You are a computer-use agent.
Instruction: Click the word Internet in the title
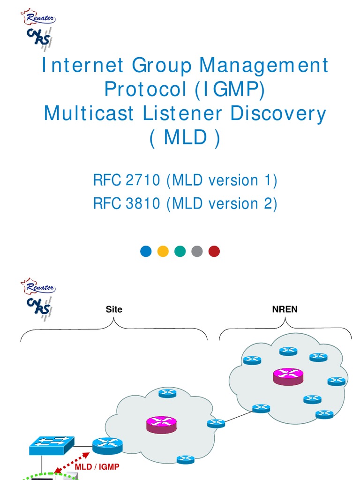pos(82,65)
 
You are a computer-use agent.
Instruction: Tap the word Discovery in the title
pos(278,113)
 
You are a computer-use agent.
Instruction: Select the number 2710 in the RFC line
pos(142,180)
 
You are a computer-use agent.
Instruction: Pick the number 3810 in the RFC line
pos(142,203)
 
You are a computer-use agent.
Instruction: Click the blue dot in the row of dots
pos(146,251)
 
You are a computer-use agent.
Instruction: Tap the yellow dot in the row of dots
pos(163,251)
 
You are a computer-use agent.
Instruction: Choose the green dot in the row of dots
pos(180,251)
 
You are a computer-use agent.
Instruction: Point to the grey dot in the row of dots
pos(197,251)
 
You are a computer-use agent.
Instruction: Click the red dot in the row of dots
pos(214,251)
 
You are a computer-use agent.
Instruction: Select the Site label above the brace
pos(114,309)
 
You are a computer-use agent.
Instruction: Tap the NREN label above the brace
pos(285,309)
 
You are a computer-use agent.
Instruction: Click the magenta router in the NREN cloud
pos(288,376)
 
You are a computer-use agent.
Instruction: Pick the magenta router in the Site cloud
pos(162,425)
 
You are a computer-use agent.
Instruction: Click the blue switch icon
pos(52,445)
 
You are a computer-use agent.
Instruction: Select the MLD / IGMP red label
pos(97,467)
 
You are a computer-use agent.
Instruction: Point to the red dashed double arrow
pos(72,463)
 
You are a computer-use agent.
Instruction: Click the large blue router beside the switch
pos(107,446)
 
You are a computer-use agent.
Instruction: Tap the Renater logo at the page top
pos(38,17)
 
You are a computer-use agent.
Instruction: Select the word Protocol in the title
pos(146,89)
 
